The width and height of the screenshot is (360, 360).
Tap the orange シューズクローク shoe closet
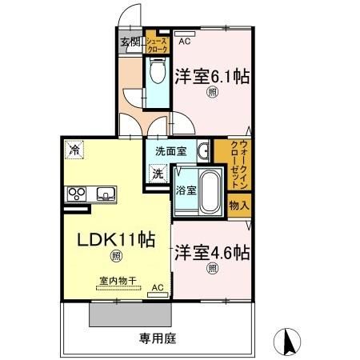click(x=157, y=45)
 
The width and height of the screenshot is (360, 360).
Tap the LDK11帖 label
click(x=116, y=240)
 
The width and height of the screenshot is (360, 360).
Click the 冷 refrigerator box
click(x=74, y=149)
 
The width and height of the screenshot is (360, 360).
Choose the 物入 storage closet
click(x=238, y=205)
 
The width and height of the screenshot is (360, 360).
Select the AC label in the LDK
click(x=157, y=287)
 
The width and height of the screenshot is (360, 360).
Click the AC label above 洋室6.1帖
click(x=185, y=42)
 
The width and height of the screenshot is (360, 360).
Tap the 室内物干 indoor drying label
click(x=118, y=281)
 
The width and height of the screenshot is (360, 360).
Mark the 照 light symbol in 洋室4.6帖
click(x=212, y=267)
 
